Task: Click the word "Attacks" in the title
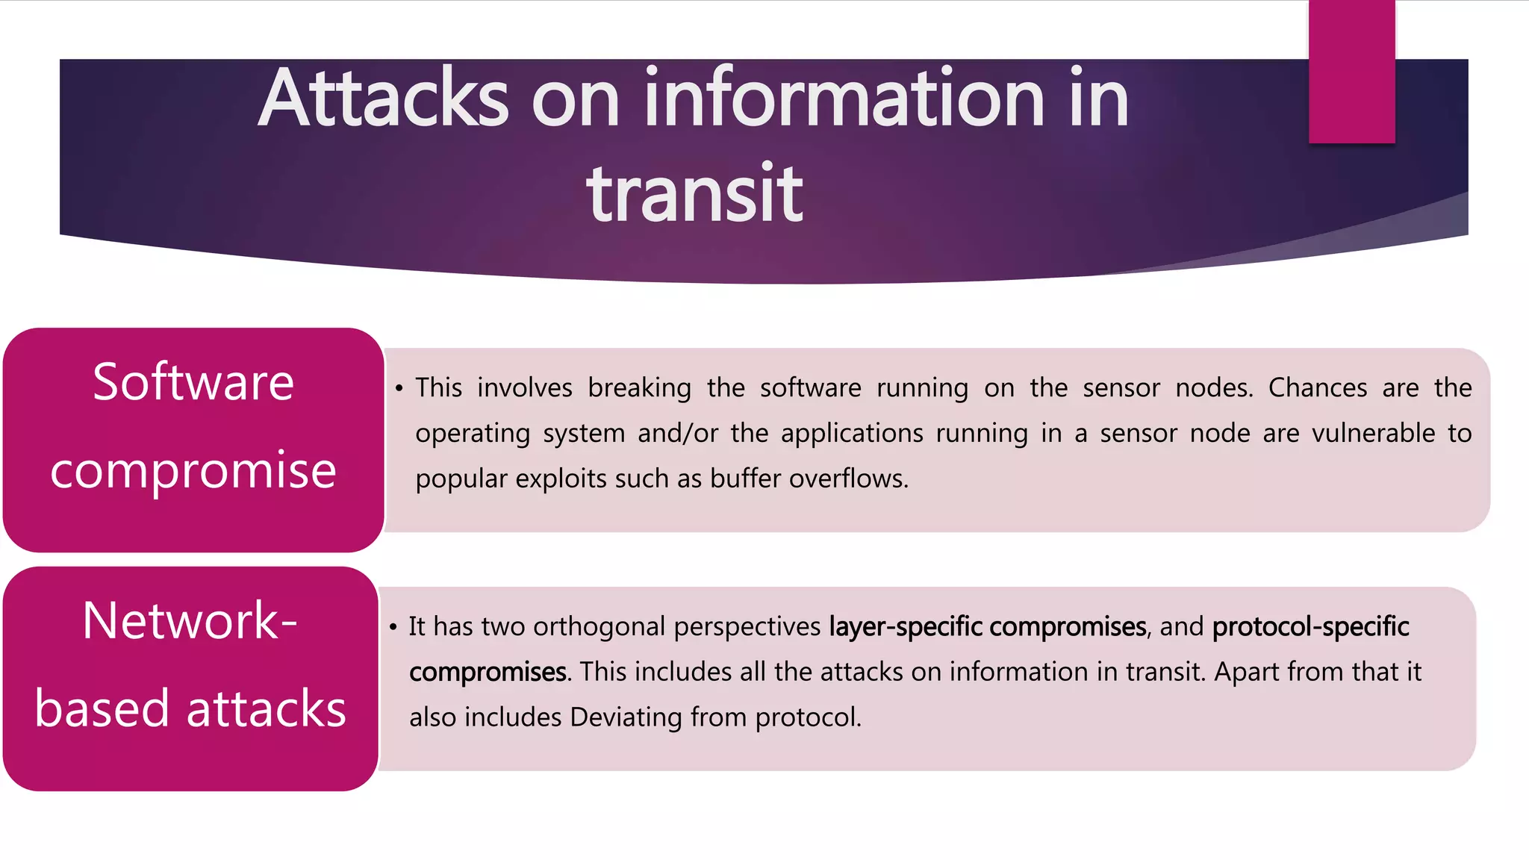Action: (x=384, y=99)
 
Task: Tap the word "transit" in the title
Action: (x=694, y=194)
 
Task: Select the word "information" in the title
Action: (x=844, y=99)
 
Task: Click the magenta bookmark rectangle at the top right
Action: (x=1351, y=72)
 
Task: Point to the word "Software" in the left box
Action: (x=193, y=382)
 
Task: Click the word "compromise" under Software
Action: (x=193, y=470)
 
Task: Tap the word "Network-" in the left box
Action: (x=190, y=620)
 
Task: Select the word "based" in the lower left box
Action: (x=102, y=708)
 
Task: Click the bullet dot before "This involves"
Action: (x=399, y=388)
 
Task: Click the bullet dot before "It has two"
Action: (x=393, y=627)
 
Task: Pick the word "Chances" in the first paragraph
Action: (x=1318, y=387)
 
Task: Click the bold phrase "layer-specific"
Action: (x=906, y=627)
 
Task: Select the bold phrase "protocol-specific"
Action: (x=1310, y=627)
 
